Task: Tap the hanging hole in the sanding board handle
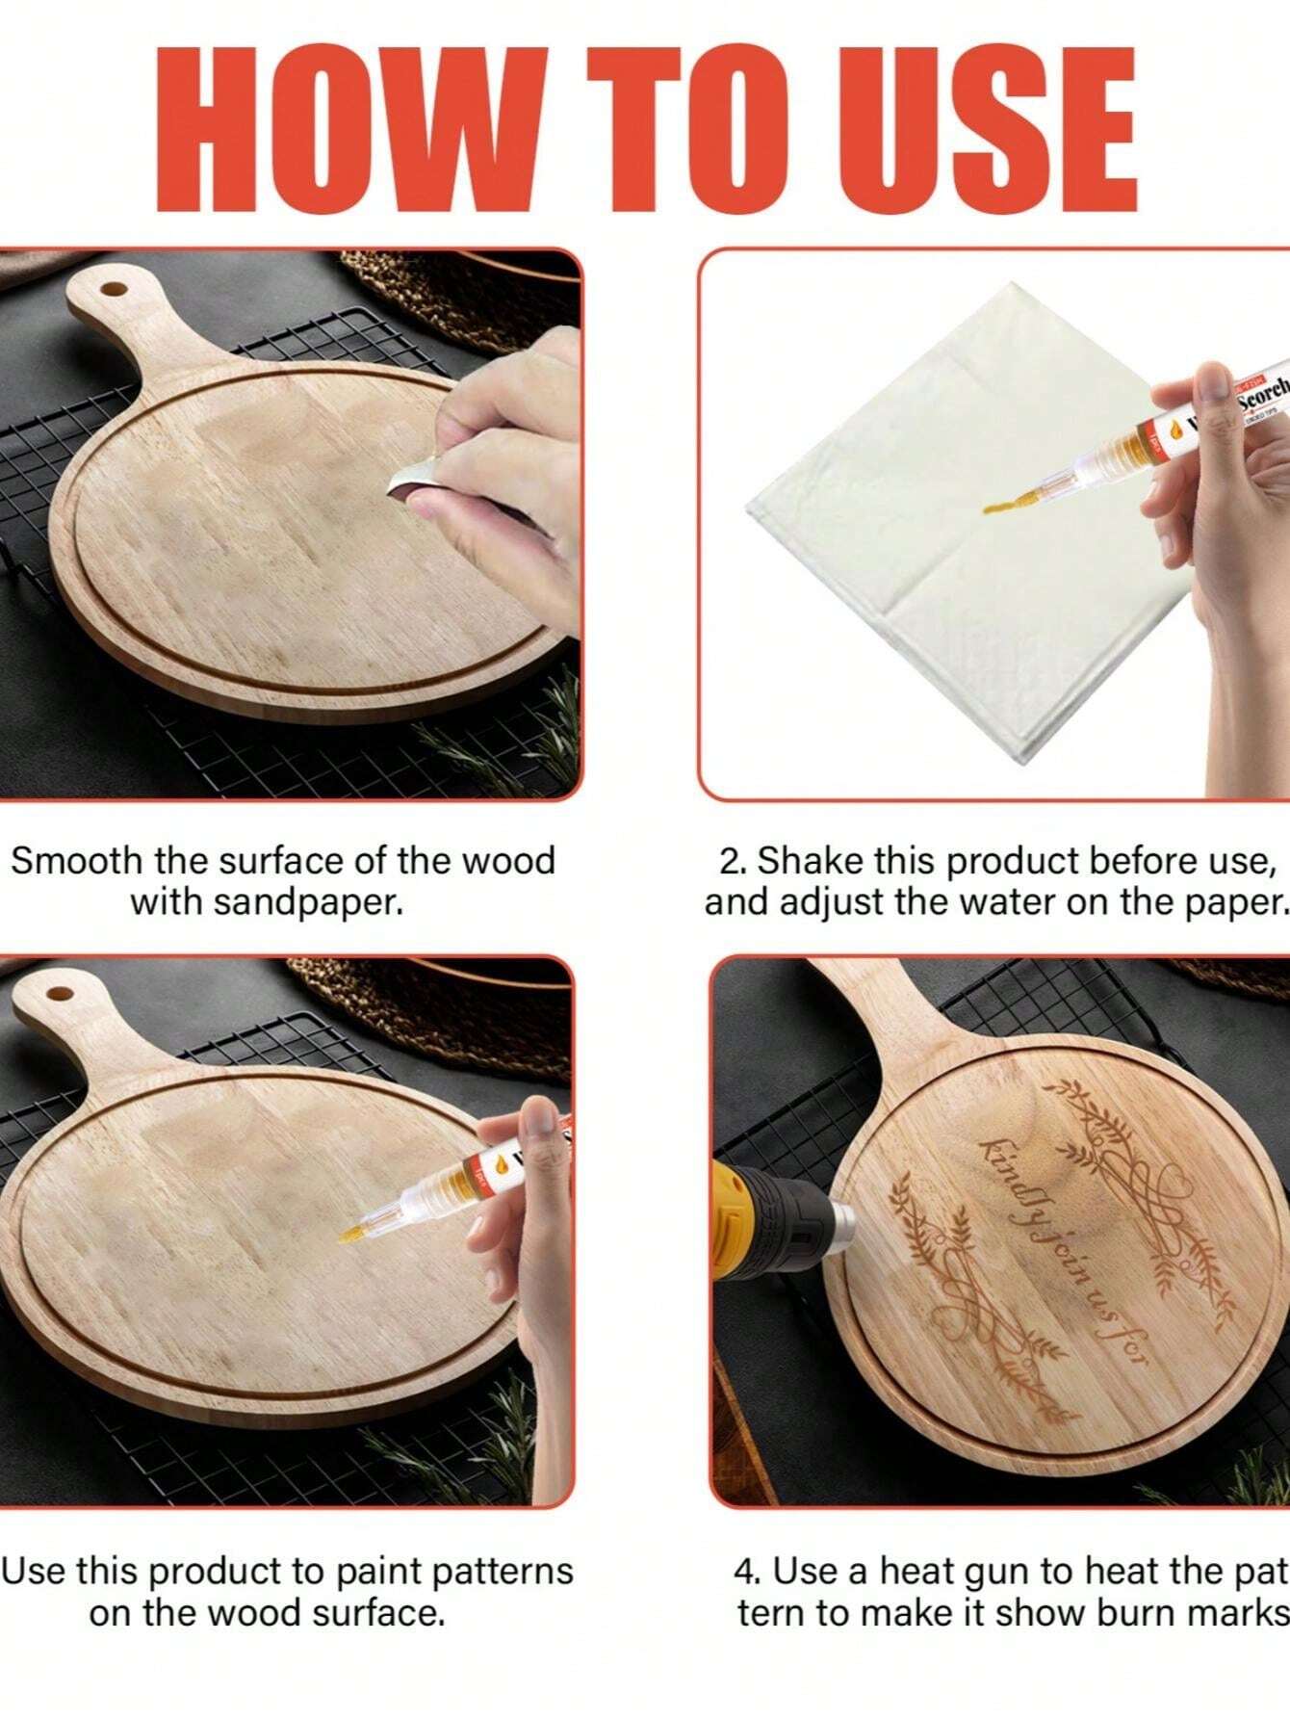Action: click(113, 288)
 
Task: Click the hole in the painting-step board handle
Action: click(59, 993)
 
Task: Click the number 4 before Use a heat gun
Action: click(744, 1571)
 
